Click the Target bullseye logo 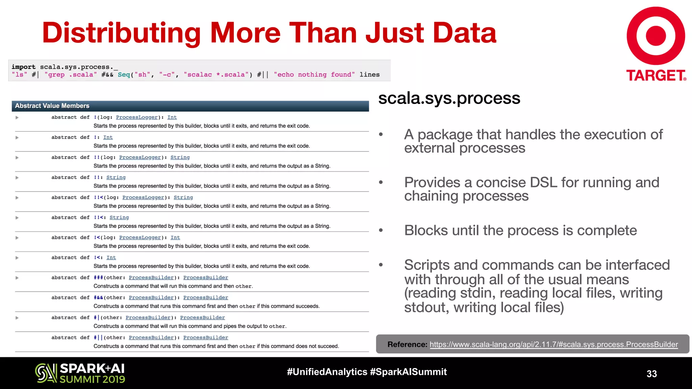tap(656, 36)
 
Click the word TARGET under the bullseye tap(656, 76)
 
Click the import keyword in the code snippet tap(23, 67)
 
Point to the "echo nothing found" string tap(314, 75)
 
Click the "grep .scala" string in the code tap(71, 75)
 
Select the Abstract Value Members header tap(52, 106)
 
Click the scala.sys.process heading tap(449, 98)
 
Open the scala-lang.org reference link tap(553, 344)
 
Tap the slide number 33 tap(651, 374)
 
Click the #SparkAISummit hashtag tap(408, 372)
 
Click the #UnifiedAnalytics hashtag tap(327, 372)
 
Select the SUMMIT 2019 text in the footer tap(92, 380)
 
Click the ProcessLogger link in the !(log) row tap(137, 117)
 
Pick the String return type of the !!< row tap(119, 217)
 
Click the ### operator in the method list tap(98, 278)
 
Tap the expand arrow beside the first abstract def tap(17, 118)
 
